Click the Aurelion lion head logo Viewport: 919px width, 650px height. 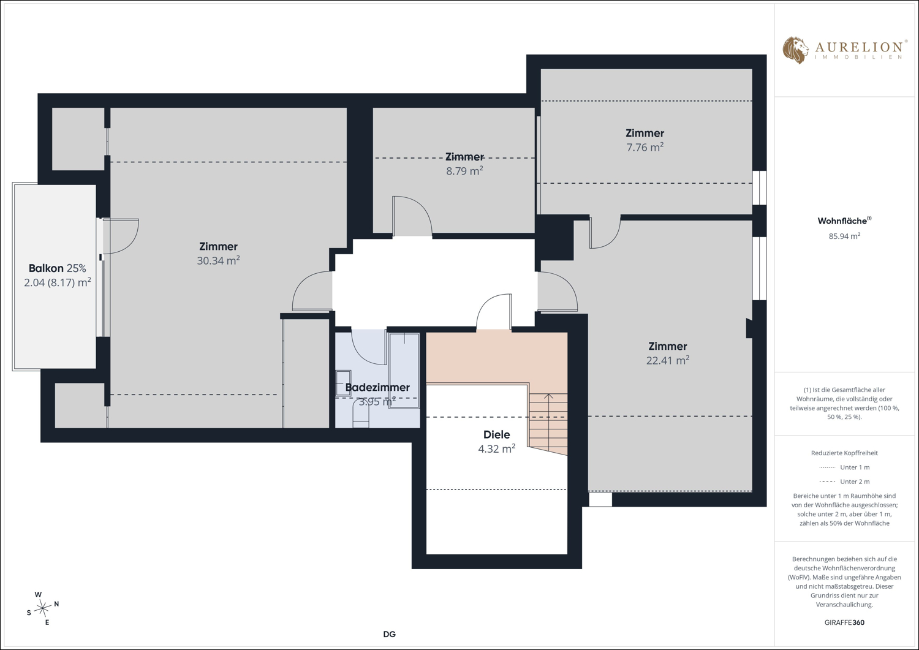[x=795, y=50]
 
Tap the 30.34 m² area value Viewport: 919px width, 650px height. [x=218, y=260]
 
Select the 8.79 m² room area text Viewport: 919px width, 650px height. [x=464, y=171]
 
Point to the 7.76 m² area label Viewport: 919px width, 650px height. [x=645, y=147]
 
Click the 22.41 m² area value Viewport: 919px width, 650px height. [x=668, y=360]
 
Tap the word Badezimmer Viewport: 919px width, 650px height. [x=377, y=387]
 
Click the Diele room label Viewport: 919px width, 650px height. [x=496, y=434]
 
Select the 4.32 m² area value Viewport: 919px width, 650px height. [x=496, y=448]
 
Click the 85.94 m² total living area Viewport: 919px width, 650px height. [x=844, y=236]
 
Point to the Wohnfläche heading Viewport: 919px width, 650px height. [x=844, y=221]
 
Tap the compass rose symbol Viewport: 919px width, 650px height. [x=43, y=608]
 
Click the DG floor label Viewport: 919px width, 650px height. [x=389, y=635]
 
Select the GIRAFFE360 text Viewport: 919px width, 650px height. [x=844, y=622]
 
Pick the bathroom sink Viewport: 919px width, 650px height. [x=343, y=384]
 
